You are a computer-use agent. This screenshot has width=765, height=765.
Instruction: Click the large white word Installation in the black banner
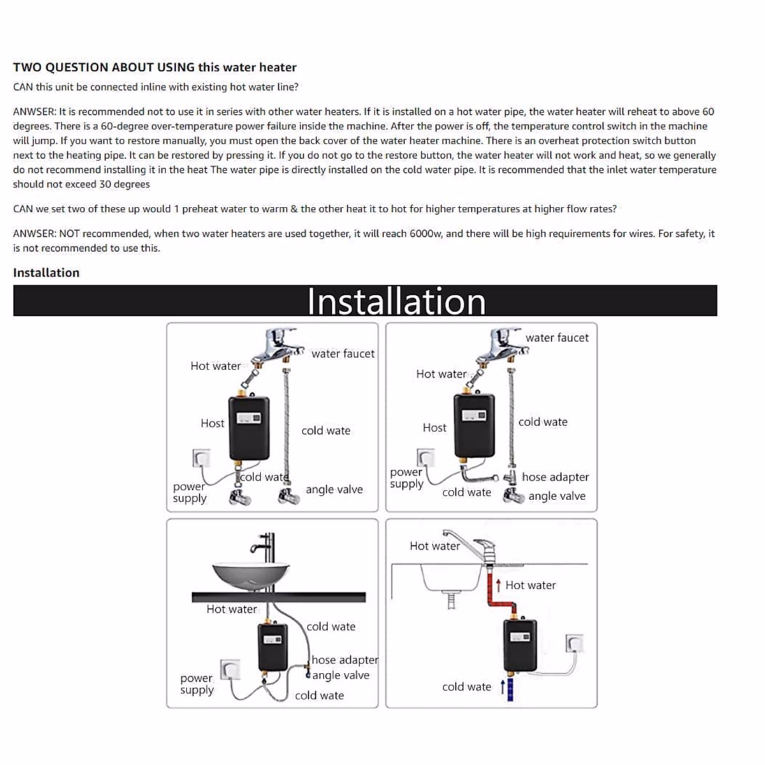(397, 302)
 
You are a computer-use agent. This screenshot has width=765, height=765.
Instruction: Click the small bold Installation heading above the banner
(46, 273)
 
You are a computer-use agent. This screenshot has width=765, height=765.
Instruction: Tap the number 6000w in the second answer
(426, 233)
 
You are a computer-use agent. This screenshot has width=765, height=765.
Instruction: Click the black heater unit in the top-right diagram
(474, 425)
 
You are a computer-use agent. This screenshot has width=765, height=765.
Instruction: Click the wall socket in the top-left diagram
(201, 458)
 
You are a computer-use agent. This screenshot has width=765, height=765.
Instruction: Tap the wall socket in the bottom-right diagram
(574, 643)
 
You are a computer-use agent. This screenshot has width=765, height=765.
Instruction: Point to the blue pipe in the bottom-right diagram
(510, 690)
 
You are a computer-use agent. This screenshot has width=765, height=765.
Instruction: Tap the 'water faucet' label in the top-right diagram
(557, 338)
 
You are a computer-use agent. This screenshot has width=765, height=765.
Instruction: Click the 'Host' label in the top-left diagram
(212, 423)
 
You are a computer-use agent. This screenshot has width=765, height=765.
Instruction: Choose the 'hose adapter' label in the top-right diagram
(555, 477)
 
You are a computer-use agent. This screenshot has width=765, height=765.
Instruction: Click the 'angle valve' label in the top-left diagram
(334, 490)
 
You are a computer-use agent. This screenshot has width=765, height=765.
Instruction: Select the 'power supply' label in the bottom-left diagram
(196, 684)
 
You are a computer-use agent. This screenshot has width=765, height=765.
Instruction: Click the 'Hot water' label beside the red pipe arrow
(530, 585)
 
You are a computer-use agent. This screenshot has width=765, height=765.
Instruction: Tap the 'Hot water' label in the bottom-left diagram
(231, 609)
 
